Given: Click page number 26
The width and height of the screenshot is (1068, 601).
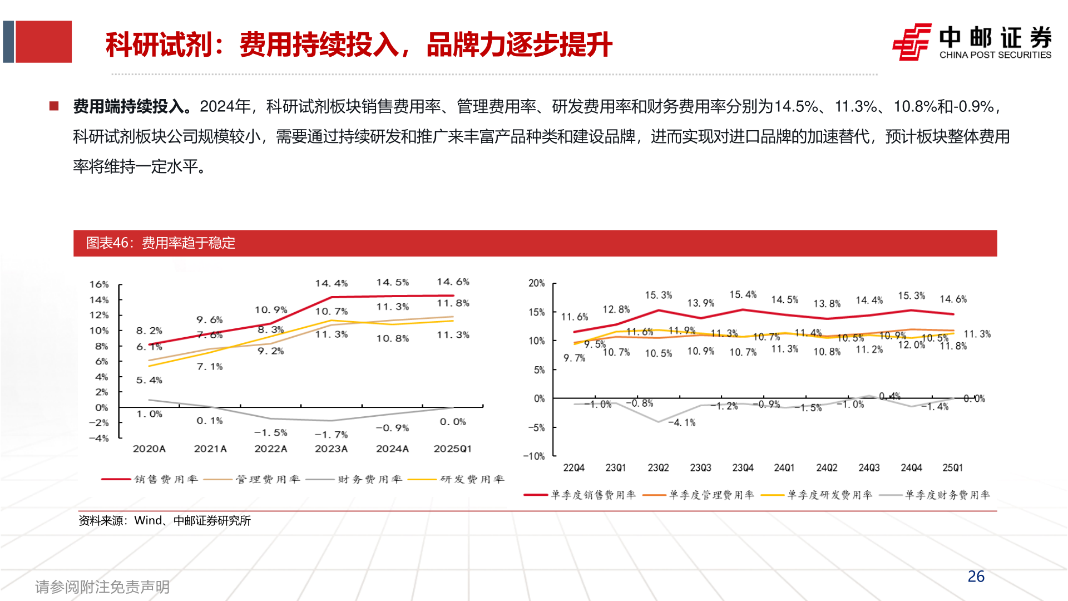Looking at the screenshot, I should (976, 577).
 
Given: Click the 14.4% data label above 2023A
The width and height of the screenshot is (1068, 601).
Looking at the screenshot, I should (331, 283).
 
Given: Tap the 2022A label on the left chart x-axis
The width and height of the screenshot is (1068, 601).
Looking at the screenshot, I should (270, 449).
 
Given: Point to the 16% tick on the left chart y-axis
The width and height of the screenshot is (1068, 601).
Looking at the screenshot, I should (99, 284).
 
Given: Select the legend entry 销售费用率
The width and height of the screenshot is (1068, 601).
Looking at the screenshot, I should (166, 479).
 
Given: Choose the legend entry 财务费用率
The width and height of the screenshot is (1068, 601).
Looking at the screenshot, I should (369, 479).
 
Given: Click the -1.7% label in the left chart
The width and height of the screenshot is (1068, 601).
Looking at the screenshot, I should (331, 435).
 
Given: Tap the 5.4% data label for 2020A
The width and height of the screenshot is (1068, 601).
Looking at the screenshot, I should (149, 380).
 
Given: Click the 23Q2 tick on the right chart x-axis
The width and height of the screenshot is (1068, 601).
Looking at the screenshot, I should (658, 468).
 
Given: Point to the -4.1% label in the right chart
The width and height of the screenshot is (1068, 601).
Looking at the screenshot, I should (681, 423).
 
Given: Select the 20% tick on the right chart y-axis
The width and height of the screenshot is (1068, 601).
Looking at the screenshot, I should (536, 283).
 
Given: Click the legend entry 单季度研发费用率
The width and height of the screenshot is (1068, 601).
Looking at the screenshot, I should (829, 495).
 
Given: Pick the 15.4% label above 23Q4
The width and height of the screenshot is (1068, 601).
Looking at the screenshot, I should (743, 294).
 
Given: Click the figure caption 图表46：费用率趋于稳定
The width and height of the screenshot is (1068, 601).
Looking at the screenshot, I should (160, 243).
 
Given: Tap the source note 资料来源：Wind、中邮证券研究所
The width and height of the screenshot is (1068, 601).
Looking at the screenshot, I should (164, 521).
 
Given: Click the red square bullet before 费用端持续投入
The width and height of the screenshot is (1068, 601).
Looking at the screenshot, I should (54, 106).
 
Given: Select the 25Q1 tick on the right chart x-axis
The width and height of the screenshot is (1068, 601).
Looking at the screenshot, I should (952, 468).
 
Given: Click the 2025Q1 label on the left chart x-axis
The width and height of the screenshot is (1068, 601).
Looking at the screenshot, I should (452, 449).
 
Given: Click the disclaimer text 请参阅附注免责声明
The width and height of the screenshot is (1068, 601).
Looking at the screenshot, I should (102, 587).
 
